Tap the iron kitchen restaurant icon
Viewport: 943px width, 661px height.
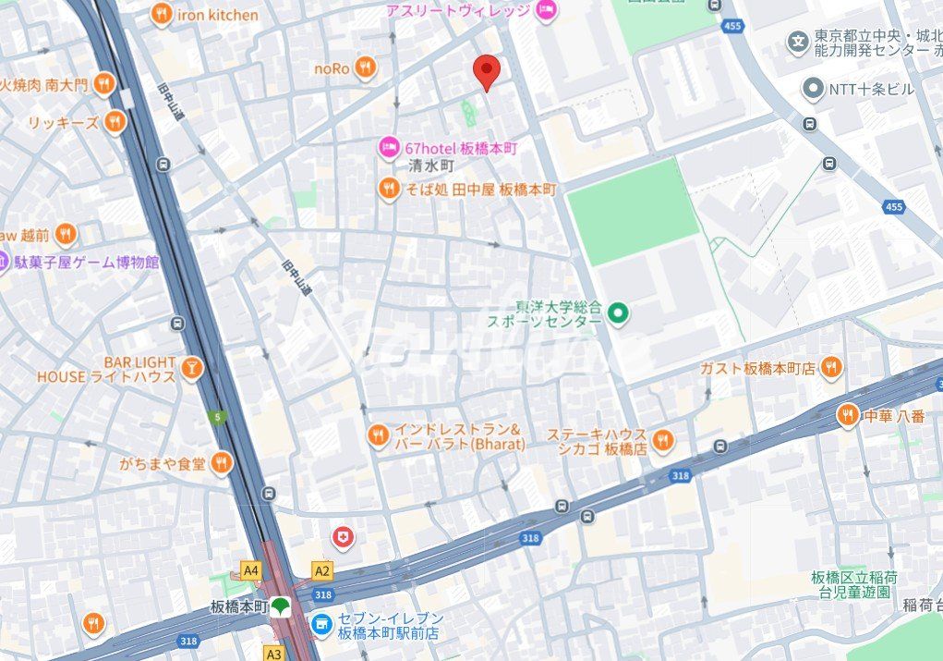click(163, 14)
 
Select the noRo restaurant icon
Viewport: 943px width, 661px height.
click(366, 67)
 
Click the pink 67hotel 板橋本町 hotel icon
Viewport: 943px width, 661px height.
click(389, 147)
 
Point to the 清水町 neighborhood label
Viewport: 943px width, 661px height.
click(431, 166)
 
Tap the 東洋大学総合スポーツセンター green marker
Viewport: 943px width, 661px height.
click(619, 314)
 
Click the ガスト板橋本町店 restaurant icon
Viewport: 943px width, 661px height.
click(831, 367)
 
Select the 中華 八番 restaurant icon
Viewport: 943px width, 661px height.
click(848, 416)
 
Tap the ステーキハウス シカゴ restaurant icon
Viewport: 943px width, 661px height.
click(662, 441)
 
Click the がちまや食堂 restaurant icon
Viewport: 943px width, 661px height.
click(221, 463)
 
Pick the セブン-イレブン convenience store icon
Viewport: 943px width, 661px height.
click(321, 626)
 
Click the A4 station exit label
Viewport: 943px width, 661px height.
click(250, 570)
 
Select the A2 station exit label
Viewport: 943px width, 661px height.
click(321, 570)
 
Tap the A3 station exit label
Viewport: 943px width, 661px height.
click(273, 653)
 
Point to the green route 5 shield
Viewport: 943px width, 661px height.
click(216, 417)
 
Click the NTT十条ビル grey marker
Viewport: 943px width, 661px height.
click(813, 89)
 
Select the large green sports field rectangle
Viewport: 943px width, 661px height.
click(633, 213)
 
